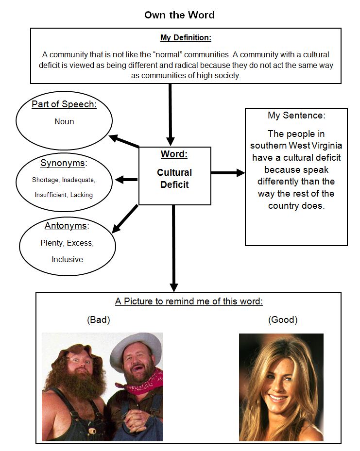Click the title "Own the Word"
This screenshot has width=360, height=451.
pyautogui.click(x=179, y=15)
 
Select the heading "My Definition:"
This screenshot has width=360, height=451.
pyautogui.click(x=186, y=38)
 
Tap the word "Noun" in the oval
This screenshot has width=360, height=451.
pyautogui.click(x=64, y=122)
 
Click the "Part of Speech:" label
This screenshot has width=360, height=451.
pyautogui.click(x=64, y=104)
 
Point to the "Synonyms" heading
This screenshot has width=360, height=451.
pyautogui.click(x=62, y=163)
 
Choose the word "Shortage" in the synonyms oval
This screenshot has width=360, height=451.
pyautogui.click(x=45, y=180)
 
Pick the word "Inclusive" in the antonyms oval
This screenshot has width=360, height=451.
pyautogui.click(x=67, y=259)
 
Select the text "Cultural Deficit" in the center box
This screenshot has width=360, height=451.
pyautogui.click(x=174, y=178)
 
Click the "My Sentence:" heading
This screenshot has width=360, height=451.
pyautogui.click(x=296, y=116)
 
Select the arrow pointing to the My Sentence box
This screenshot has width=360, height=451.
pyautogui.click(x=228, y=173)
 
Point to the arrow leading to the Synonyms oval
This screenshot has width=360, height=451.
pyautogui.click(x=126, y=180)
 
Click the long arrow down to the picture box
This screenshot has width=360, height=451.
pyautogui.click(x=174, y=248)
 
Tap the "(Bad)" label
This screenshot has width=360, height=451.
pyautogui.click(x=99, y=320)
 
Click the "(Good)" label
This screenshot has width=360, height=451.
pyautogui.click(x=283, y=320)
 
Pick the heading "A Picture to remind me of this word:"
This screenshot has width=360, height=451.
pyautogui.click(x=189, y=301)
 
